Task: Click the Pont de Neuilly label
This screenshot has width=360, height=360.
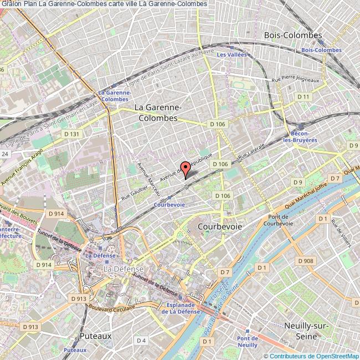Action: point(247,342)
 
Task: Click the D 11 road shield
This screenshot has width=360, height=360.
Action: point(303,97)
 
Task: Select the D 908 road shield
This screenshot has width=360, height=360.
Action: point(305,261)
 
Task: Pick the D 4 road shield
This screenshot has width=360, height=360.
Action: point(141,340)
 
